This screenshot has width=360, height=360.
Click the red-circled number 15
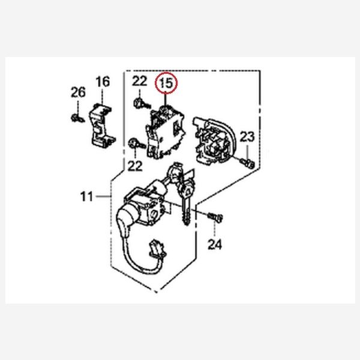166,83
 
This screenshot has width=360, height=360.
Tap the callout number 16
103,82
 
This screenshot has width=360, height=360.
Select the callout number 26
78,92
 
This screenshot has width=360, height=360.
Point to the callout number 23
247,137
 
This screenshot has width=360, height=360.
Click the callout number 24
215,245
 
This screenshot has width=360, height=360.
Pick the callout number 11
87,197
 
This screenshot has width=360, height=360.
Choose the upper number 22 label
139,81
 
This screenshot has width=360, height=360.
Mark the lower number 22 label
135,166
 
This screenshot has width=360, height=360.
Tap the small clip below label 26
76,118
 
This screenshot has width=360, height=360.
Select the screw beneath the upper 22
141,104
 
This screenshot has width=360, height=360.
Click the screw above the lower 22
136,144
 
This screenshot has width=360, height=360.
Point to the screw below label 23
247,163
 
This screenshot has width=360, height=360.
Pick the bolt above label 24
215,217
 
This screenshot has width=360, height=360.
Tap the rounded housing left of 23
215,141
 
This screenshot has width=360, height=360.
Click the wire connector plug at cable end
157,248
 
